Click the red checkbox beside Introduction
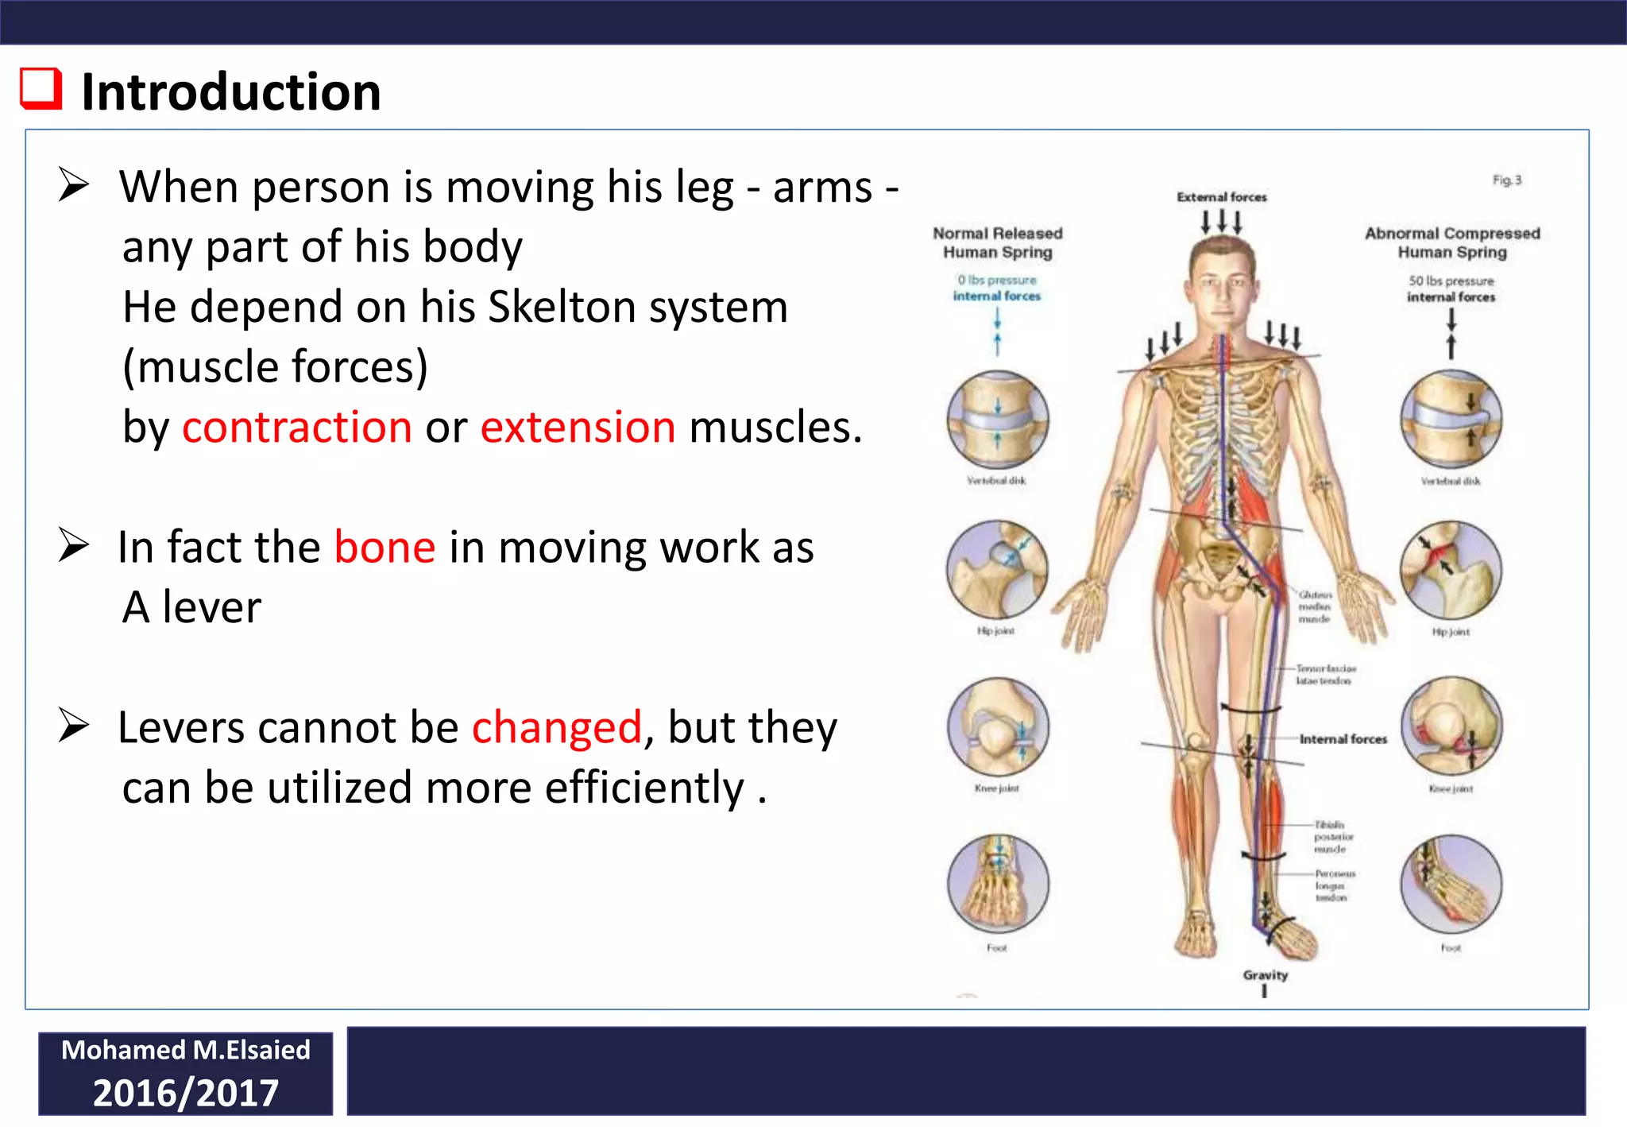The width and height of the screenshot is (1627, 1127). (x=41, y=88)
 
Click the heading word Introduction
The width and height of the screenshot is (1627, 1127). (x=231, y=92)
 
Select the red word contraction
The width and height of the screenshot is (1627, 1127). (x=297, y=428)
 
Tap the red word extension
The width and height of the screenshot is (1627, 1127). (x=578, y=428)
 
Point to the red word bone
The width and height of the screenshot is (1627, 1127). (x=385, y=548)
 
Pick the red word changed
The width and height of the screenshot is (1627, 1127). (x=556, y=728)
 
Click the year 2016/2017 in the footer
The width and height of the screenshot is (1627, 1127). (x=185, y=1093)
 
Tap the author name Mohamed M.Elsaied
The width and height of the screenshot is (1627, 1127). (x=185, y=1050)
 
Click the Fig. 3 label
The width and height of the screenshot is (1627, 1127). (x=1506, y=180)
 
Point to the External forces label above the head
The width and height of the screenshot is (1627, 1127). (x=1222, y=197)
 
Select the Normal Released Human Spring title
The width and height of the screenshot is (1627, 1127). (x=998, y=242)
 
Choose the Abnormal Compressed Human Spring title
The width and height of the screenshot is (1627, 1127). (x=1452, y=242)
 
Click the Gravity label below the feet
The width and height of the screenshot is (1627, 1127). (x=1266, y=975)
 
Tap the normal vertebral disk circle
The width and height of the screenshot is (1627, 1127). (x=998, y=420)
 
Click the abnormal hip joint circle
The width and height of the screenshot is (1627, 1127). (x=1451, y=571)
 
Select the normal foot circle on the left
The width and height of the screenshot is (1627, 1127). (x=998, y=884)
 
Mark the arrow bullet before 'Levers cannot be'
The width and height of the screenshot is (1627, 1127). (x=74, y=726)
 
